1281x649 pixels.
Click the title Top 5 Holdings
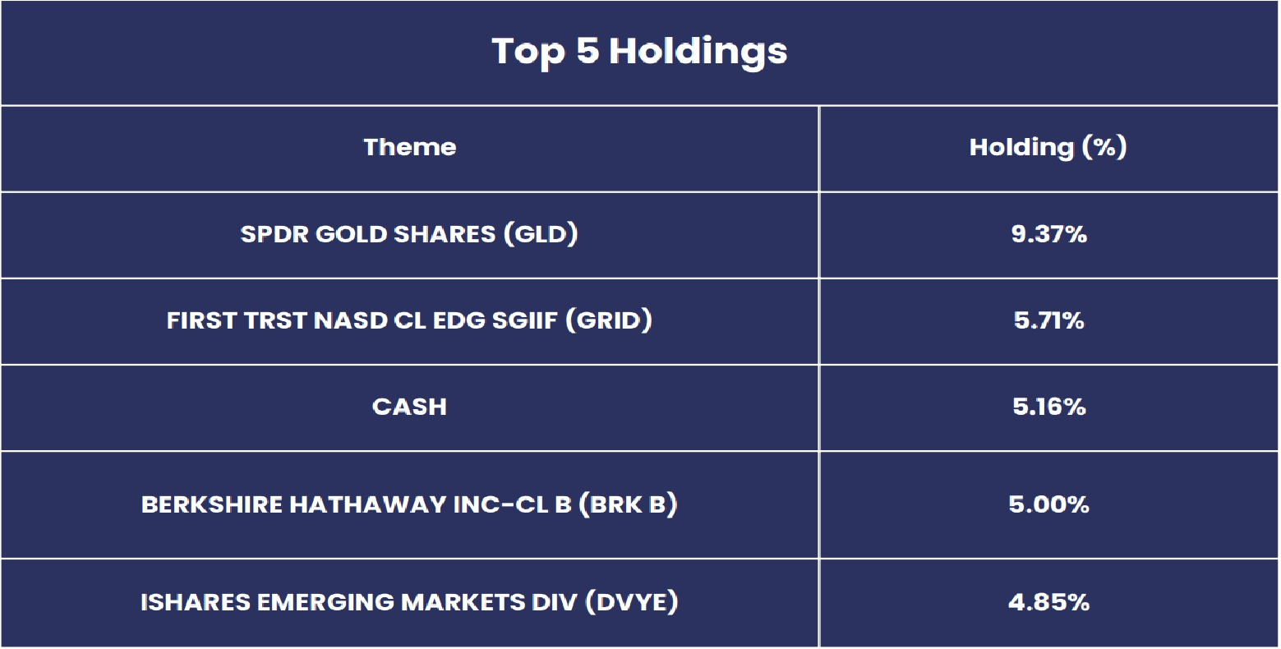(x=639, y=52)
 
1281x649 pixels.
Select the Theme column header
(x=410, y=148)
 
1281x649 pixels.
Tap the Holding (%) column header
(x=1048, y=148)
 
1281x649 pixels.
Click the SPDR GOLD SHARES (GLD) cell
(x=409, y=234)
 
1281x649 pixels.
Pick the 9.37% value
(x=1048, y=234)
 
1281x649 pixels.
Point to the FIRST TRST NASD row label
(x=409, y=320)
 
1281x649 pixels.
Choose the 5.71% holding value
(x=1048, y=320)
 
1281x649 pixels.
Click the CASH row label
(x=409, y=407)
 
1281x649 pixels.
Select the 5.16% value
(x=1048, y=407)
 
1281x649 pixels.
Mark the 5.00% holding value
(x=1048, y=504)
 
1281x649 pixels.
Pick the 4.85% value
(x=1048, y=602)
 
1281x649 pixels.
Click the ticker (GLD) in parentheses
(x=541, y=234)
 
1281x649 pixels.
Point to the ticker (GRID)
(x=609, y=320)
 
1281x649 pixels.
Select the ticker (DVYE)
(x=632, y=602)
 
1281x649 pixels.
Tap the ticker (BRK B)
(x=628, y=504)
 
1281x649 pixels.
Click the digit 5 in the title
(x=588, y=50)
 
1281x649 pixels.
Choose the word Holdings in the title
(x=698, y=53)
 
